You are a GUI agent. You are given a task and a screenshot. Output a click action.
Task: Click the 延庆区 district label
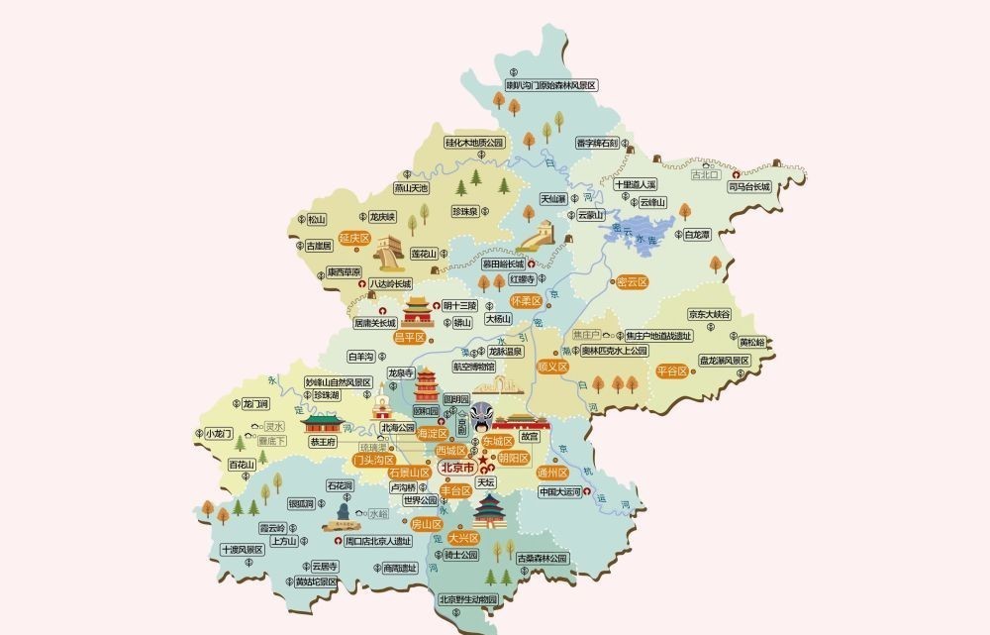coord(353,239)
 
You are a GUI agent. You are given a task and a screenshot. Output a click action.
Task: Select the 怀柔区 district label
coord(525,300)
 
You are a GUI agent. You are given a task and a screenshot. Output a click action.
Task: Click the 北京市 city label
coord(457,467)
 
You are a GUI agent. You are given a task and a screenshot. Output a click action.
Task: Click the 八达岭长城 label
coord(389,284)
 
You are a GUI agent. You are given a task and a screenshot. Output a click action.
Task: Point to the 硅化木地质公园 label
coord(474,143)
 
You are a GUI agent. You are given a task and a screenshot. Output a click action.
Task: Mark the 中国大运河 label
coord(562,491)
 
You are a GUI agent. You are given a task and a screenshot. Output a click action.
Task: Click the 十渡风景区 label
coord(242,549)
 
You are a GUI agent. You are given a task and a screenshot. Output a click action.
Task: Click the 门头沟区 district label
coord(374,460)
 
